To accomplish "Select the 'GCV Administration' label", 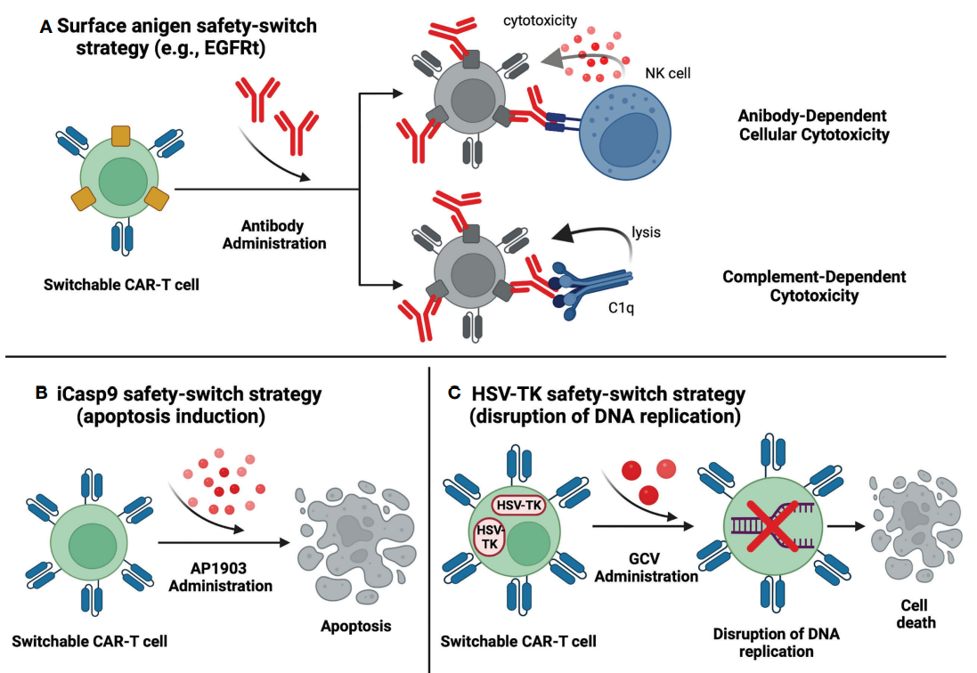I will [647, 567].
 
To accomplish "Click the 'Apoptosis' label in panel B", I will [355, 626].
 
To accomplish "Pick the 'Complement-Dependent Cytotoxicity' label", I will [814, 286].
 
